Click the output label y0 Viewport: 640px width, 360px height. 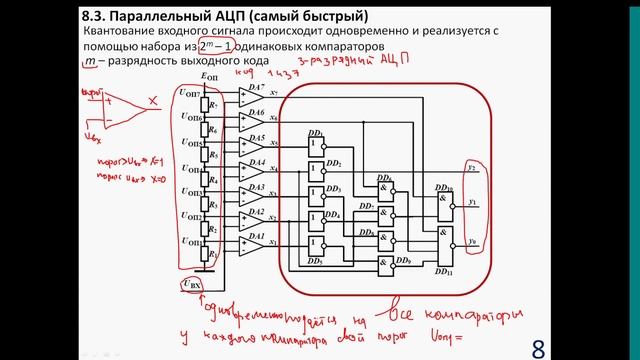tap(472, 242)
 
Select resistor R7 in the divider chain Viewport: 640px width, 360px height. tap(214, 103)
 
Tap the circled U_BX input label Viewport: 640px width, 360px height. tap(191, 287)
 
